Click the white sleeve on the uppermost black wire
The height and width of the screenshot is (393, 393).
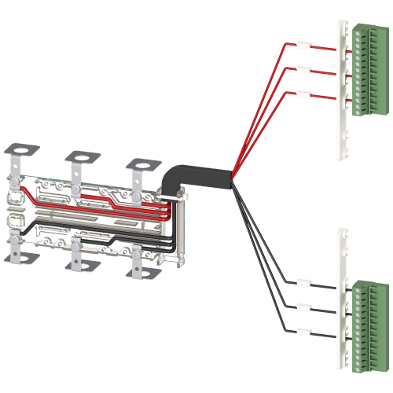coord(303,282)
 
